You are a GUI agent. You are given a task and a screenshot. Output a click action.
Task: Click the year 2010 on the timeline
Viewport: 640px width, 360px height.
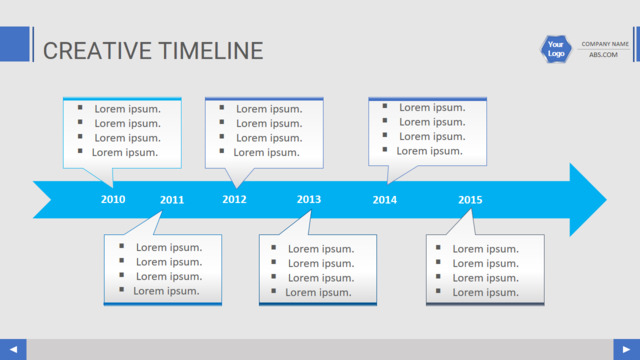click(x=113, y=199)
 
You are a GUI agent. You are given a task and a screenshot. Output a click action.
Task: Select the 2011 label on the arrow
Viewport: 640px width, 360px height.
click(x=172, y=200)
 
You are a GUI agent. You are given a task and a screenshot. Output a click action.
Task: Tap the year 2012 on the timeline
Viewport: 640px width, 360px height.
click(x=234, y=199)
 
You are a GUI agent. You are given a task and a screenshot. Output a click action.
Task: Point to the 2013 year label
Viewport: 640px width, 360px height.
click(x=309, y=199)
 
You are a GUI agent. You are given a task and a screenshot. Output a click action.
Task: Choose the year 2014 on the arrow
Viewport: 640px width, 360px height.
click(x=384, y=200)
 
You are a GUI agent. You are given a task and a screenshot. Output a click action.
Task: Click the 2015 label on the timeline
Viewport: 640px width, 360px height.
click(x=470, y=200)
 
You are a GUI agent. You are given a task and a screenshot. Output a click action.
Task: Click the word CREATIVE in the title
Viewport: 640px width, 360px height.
click(x=97, y=51)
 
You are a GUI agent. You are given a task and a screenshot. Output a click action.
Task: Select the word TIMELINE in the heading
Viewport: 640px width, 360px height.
click(x=211, y=51)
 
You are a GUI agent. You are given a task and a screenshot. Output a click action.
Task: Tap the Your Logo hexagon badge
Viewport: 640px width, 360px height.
click(x=556, y=49)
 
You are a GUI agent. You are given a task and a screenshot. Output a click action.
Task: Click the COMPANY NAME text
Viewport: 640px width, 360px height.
click(x=605, y=44)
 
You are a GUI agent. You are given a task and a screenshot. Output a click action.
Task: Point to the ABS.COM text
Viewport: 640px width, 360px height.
click(x=603, y=55)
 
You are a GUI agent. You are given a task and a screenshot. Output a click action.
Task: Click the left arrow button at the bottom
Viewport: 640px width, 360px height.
click(x=13, y=349)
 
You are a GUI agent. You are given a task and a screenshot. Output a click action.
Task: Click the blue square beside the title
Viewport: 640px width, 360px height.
click(x=15, y=44)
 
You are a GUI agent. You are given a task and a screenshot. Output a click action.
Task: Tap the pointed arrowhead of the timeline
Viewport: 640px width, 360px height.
click(x=607, y=200)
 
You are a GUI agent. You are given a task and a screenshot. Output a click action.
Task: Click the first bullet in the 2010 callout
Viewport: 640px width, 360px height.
click(x=80, y=108)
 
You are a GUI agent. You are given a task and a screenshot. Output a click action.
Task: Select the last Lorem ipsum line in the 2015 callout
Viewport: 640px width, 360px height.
click(x=485, y=292)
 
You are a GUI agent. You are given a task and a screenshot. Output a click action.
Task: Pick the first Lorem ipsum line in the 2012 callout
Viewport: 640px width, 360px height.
click(x=269, y=109)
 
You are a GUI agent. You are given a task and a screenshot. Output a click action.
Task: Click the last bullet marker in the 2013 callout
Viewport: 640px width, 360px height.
click(x=273, y=291)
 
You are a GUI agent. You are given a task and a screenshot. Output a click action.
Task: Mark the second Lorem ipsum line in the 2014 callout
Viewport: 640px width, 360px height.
click(x=432, y=122)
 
